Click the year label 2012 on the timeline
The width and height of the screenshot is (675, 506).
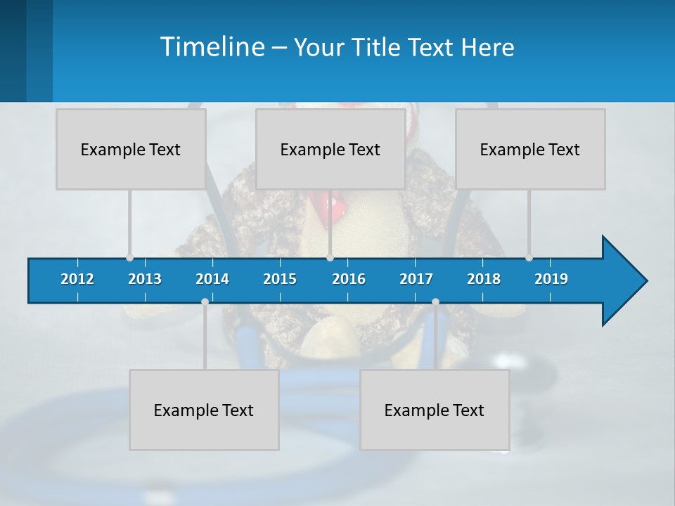point(77,279)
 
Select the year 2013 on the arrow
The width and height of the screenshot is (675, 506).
point(145,279)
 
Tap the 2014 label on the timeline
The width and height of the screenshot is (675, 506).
point(212,279)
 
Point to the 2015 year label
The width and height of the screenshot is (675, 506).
point(280,279)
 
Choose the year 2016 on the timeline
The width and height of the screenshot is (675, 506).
point(349,279)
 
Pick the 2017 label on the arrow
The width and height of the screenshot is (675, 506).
point(416,279)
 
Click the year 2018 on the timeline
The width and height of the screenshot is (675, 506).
point(484,279)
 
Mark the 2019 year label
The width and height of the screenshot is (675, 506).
point(551,279)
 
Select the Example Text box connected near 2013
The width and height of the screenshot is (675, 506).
point(131,149)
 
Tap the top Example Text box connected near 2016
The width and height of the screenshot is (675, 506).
point(330,149)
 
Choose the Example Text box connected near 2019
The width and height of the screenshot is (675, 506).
point(530,149)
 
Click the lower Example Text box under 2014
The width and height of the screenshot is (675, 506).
point(204,410)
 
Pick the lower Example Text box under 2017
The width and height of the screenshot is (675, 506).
point(435,410)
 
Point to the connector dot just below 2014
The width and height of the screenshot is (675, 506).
point(205,301)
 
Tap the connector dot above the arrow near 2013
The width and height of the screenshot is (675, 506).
point(129,258)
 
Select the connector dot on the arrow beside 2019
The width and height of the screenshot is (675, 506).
point(529,258)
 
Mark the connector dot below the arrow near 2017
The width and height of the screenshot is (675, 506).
point(435,301)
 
